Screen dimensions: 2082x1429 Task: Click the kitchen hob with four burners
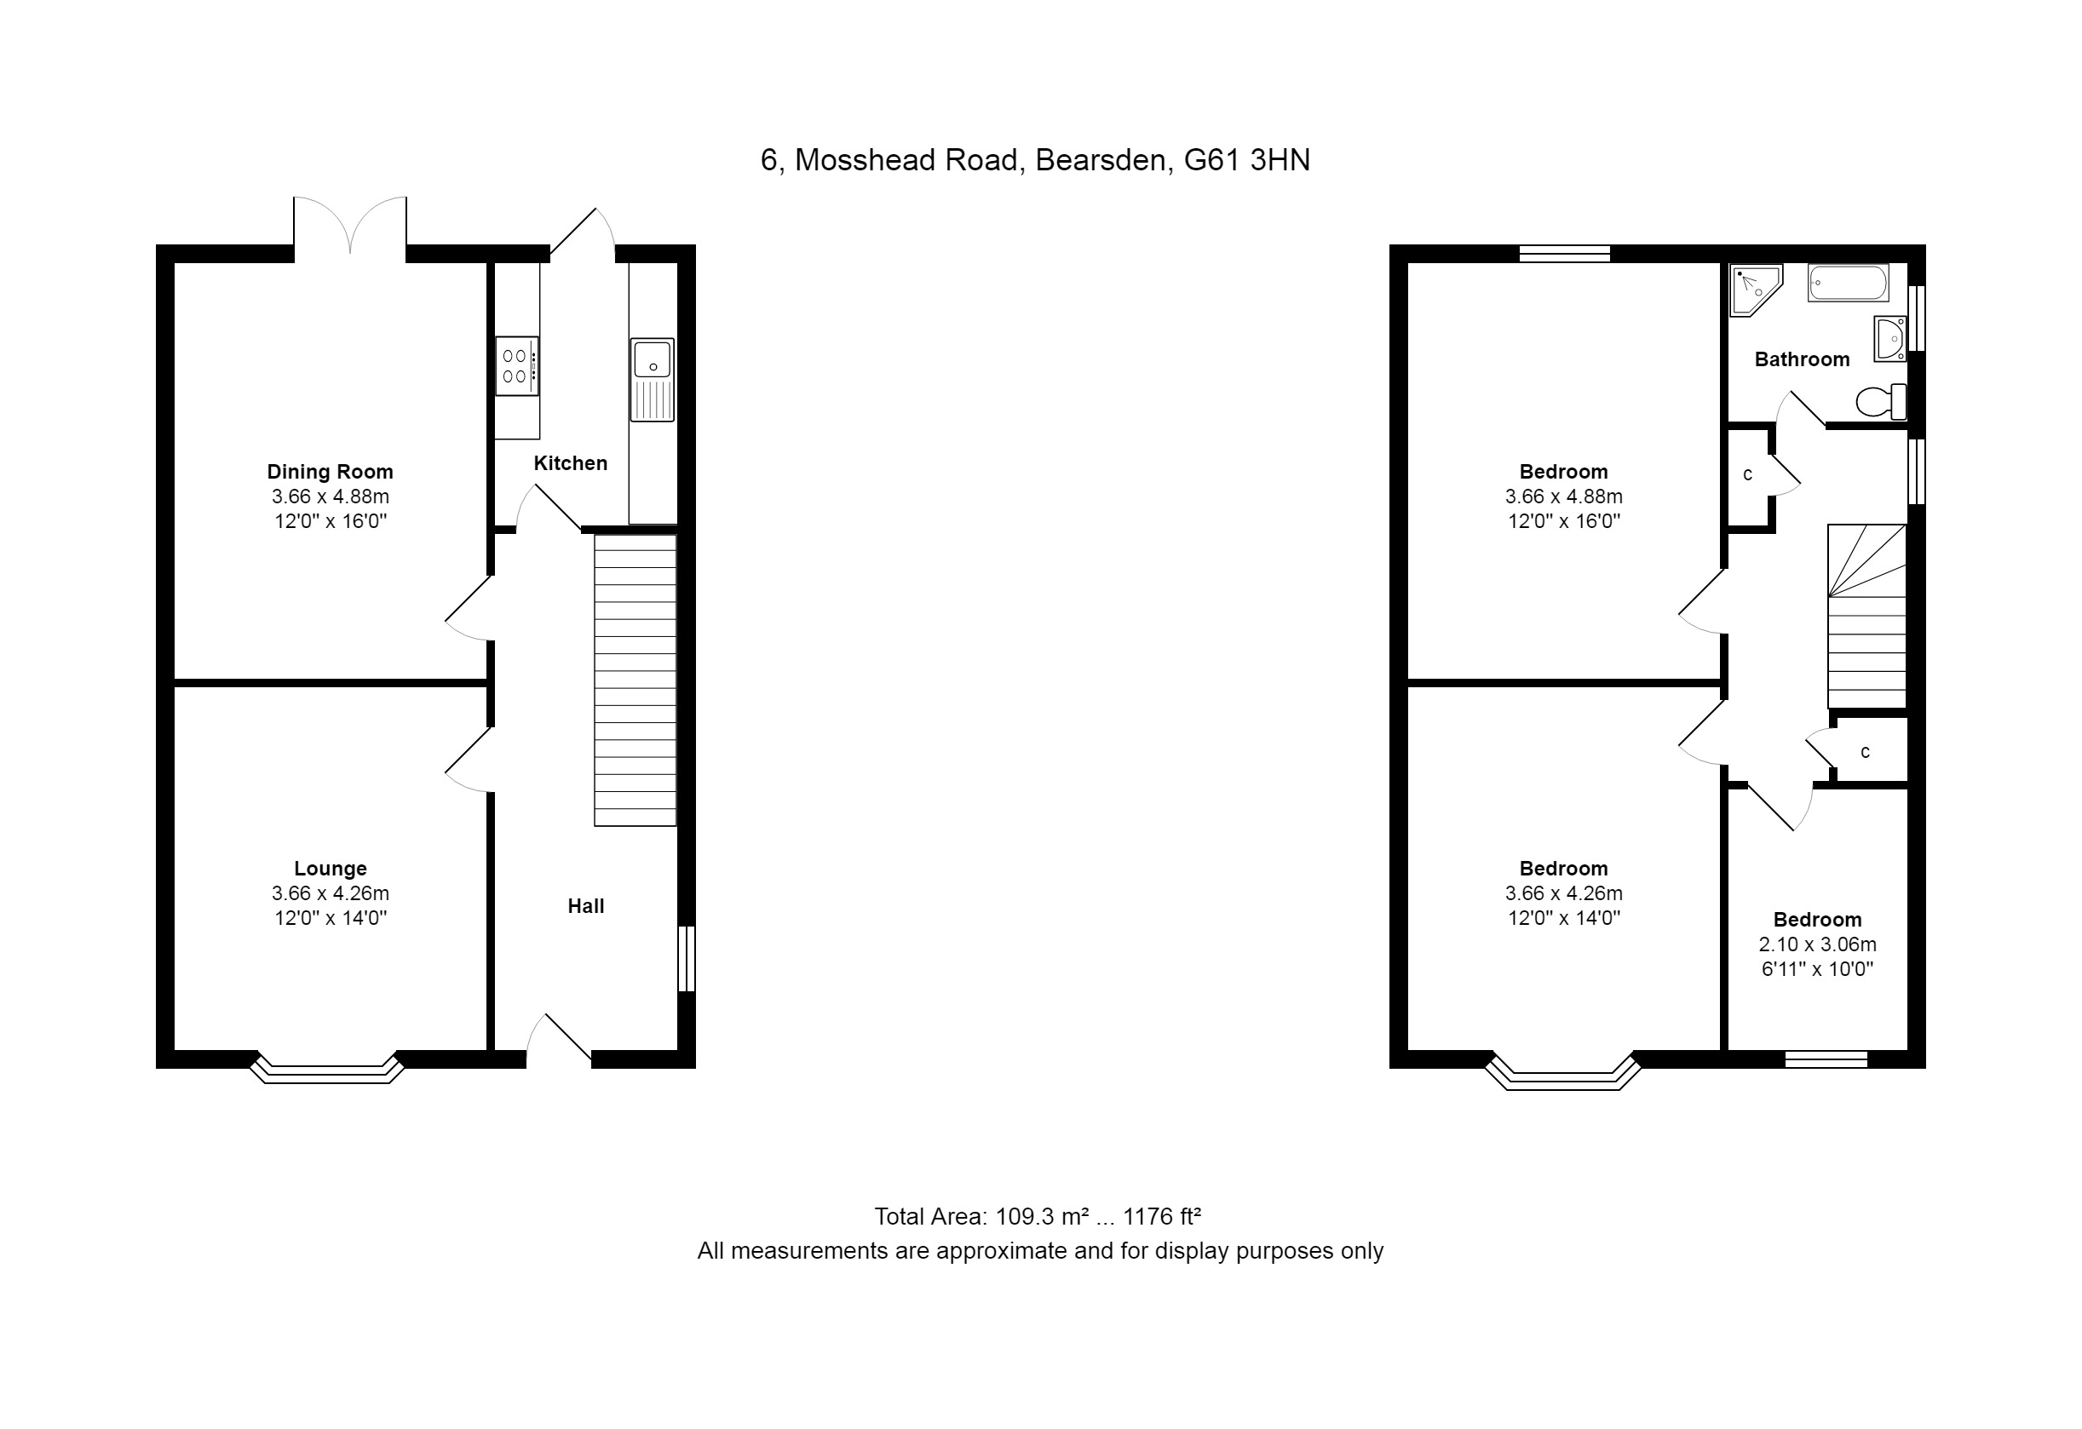pos(517,365)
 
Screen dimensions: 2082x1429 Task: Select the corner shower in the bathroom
pos(1755,290)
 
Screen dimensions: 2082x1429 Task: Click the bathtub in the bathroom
pos(1849,283)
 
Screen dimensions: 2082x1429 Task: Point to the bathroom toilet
pos(1880,401)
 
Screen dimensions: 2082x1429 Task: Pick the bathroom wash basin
pos(1890,338)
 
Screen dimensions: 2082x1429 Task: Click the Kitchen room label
pos(571,463)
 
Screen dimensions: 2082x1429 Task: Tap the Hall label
pos(586,906)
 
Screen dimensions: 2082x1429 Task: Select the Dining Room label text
pos(330,472)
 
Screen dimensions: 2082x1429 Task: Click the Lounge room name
pos(331,869)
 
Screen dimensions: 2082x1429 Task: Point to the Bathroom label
pos(1802,359)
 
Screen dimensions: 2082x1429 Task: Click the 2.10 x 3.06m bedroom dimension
pos(1817,944)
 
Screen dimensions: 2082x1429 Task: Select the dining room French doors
pos(350,224)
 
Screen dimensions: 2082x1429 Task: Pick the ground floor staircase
pos(636,680)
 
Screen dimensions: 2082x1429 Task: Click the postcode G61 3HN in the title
pos(1247,160)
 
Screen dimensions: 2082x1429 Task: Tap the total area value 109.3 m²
pos(1039,1216)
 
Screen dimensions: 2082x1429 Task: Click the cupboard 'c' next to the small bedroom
pos(1866,751)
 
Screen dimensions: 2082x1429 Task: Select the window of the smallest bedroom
pos(1826,1060)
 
